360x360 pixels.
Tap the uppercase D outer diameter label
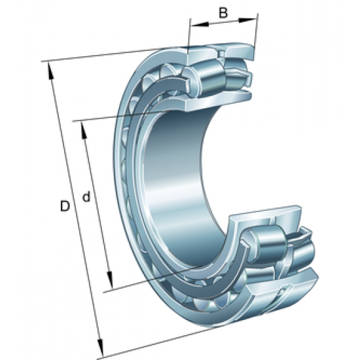click(64, 207)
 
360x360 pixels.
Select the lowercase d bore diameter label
click(86, 196)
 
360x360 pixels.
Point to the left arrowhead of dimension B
click(194, 25)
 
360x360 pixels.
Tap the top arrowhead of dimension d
click(82, 126)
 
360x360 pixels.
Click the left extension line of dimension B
click(190, 36)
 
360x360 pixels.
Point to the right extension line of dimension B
click(257, 29)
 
